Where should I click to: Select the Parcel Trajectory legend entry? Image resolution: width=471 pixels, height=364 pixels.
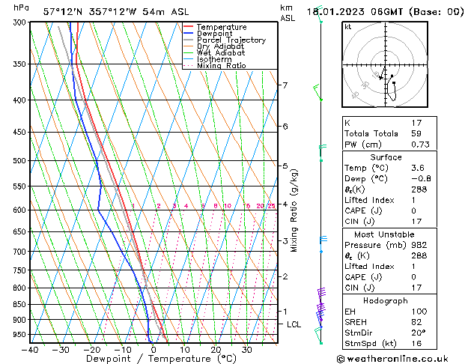point(231,40)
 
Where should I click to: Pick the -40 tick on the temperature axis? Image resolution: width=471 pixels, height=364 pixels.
point(30,350)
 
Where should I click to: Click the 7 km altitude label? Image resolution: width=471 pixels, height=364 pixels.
point(285,85)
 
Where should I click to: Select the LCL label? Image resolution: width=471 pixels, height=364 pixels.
point(294,324)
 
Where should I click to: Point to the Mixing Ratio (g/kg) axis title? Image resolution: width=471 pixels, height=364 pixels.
point(294,210)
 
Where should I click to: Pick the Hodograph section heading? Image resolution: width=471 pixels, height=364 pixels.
point(386,300)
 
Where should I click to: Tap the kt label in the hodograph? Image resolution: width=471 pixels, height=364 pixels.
point(347,27)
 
